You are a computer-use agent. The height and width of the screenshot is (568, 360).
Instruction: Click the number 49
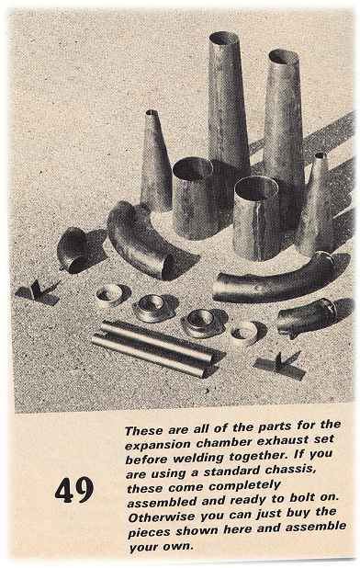pyautogui.click(x=74, y=490)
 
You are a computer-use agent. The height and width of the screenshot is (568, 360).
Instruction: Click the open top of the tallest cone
pyautogui.click(x=224, y=38)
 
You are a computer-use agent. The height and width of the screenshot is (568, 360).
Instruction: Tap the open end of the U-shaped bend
pyautogui.click(x=169, y=266)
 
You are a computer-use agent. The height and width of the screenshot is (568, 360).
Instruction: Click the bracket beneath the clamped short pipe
pyautogui.click(x=279, y=366)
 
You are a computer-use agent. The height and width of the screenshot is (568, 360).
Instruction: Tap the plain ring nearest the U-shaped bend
pyautogui.click(x=110, y=295)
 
